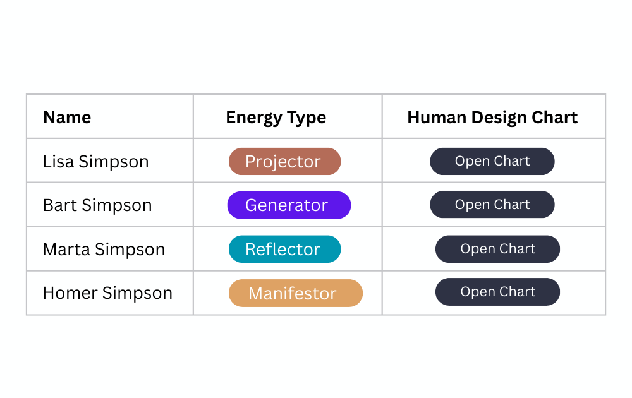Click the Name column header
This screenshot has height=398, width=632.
click(x=67, y=118)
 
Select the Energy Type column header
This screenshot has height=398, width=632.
click(x=276, y=118)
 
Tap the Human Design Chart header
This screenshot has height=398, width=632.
click(x=492, y=118)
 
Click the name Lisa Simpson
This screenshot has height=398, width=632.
click(x=96, y=162)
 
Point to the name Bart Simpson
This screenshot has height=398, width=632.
click(x=97, y=205)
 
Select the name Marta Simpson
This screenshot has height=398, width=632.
click(x=104, y=250)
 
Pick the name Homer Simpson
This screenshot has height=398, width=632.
click(x=107, y=293)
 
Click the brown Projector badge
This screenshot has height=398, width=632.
click(x=284, y=161)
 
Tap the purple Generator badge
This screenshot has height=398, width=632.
click(x=289, y=205)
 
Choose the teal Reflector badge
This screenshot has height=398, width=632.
click(x=284, y=249)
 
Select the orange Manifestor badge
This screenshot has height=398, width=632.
click(x=295, y=293)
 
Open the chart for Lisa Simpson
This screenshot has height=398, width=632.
click(x=492, y=161)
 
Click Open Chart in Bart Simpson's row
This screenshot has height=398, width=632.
click(x=492, y=204)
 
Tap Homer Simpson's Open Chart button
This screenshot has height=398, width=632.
click(x=497, y=292)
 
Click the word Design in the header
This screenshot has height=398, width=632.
click(x=499, y=118)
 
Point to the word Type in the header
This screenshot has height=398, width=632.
click(x=306, y=118)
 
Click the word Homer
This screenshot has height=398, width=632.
click(x=70, y=293)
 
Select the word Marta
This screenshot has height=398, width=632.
click(x=66, y=250)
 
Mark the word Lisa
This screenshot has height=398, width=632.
click(x=58, y=162)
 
